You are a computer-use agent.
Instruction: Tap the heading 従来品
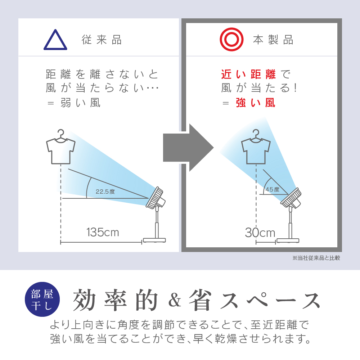[102, 40]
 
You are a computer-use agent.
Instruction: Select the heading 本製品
[273, 40]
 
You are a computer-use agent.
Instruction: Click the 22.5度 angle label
[105, 192]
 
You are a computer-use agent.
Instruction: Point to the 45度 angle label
[273, 189]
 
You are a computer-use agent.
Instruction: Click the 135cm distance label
[103, 232]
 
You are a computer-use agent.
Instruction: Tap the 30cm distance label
[260, 233]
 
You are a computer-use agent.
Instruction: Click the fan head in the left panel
[156, 198]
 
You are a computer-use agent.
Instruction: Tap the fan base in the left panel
[154, 240]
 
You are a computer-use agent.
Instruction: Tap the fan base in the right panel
[288, 240]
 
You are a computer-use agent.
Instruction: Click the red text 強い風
[256, 103]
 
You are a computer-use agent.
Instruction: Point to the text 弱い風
[80, 103]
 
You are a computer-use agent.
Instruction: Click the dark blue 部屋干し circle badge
[42, 300]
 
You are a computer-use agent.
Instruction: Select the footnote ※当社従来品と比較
[316, 258]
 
